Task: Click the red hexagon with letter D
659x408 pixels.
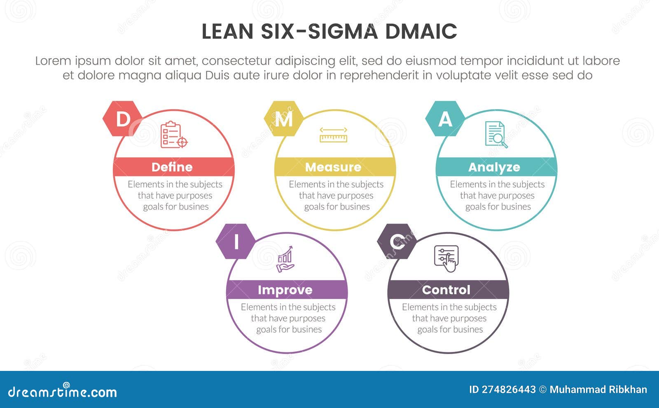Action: pyautogui.click(x=123, y=119)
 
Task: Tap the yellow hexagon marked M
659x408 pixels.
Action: pyautogui.click(x=284, y=119)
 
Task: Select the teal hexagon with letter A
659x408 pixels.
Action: pyautogui.click(x=445, y=119)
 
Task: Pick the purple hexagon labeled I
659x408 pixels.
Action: pyautogui.click(x=236, y=242)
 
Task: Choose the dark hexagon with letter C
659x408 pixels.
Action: pyautogui.click(x=397, y=242)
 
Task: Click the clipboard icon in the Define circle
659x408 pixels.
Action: pyautogui.click(x=174, y=134)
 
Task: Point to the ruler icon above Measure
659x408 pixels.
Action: pyautogui.click(x=333, y=135)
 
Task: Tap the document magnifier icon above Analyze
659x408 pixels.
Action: pyautogui.click(x=496, y=134)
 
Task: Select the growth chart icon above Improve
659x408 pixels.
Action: pyautogui.click(x=285, y=259)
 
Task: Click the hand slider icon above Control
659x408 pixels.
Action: pyautogui.click(x=446, y=259)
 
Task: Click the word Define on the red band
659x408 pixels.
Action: pyautogui.click(x=172, y=167)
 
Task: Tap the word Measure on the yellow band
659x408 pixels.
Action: pyautogui.click(x=333, y=167)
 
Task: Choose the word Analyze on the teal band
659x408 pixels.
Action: pyautogui.click(x=494, y=167)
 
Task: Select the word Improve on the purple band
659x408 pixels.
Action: pyautogui.click(x=285, y=290)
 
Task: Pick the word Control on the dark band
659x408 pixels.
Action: pyautogui.click(x=446, y=290)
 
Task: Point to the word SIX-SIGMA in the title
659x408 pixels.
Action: pyautogui.click(x=319, y=31)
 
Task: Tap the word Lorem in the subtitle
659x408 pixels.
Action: pyautogui.click(x=53, y=61)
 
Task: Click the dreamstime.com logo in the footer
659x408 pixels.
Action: pyautogui.click(x=62, y=391)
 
